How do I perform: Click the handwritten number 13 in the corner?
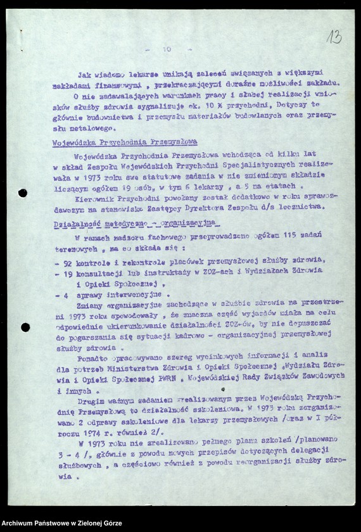pyautogui.click(x=333, y=37)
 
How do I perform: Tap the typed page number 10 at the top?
pyautogui.click(x=167, y=49)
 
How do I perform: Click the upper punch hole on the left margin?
pyautogui.click(x=23, y=193)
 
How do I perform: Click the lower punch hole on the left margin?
pyautogui.click(x=25, y=327)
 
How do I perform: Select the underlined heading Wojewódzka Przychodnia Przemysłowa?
pyautogui.click(x=124, y=142)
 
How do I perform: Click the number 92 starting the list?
pyautogui.click(x=64, y=260)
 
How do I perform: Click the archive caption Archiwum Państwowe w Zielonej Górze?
pyautogui.click(x=61, y=524)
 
